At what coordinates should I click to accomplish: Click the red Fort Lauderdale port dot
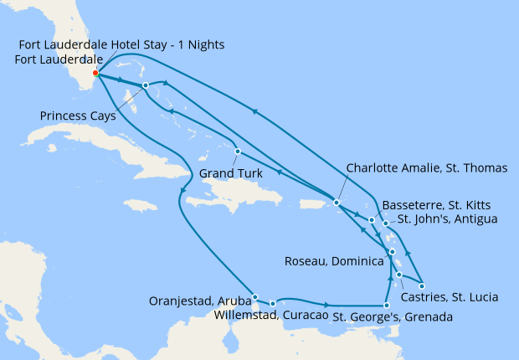[95, 73]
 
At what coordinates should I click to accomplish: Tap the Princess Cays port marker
[146, 85]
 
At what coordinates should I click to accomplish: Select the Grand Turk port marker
[238, 152]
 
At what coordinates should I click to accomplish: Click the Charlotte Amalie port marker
[336, 203]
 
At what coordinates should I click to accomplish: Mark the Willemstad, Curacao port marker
[273, 303]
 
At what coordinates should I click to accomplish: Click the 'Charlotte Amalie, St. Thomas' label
[426, 168]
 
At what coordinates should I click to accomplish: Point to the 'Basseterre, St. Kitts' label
[434, 204]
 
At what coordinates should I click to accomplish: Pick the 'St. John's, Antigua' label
[447, 219]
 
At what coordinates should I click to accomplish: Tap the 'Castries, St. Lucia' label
[450, 297]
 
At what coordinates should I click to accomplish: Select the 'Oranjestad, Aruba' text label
[198, 301]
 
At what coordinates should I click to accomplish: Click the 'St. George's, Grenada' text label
[393, 317]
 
